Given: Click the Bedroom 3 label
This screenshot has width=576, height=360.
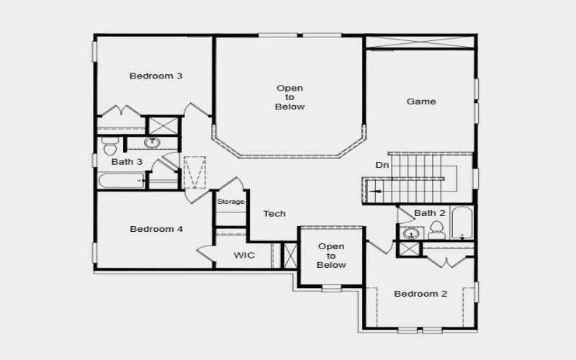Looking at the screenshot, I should pyautogui.click(x=156, y=76).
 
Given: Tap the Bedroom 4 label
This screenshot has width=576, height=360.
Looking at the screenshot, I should pyautogui.click(x=156, y=229).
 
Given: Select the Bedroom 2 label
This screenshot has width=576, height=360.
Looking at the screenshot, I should pyautogui.click(x=420, y=294).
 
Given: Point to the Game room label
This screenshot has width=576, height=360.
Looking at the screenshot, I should pyautogui.click(x=421, y=102).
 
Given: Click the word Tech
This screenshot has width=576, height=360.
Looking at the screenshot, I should pyautogui.click(x=274, y=213).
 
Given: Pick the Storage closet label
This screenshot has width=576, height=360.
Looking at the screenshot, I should pyautogui.click(x=231, y=202).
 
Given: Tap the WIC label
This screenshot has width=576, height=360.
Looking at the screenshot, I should pyautogui.click(x=243, y=256).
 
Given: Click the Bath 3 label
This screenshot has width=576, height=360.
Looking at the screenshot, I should pyautogui.click(x=127, y=162).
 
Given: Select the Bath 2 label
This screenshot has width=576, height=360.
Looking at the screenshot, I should pyautogui.click(x=430, y=213).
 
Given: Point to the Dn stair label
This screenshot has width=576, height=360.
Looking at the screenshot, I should pyautogui.click(x=382, y=165).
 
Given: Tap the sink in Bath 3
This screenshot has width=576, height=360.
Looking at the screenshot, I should pyautogui.click(x=153, y=143).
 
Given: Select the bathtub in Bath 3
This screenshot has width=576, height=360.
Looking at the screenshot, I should pyautogui.click(x=122, y=180).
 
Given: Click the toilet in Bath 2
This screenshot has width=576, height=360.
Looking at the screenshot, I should pyautogui.click(x=436, y=231).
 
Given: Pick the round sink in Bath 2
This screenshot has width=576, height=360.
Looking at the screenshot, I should pyautogui.click(x=411, y=233).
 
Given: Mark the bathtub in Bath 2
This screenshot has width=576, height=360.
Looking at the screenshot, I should pyautogui.click(x=462, y=223).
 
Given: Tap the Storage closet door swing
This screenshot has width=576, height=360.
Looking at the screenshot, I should pyautogui.click(x=229, y=184).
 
